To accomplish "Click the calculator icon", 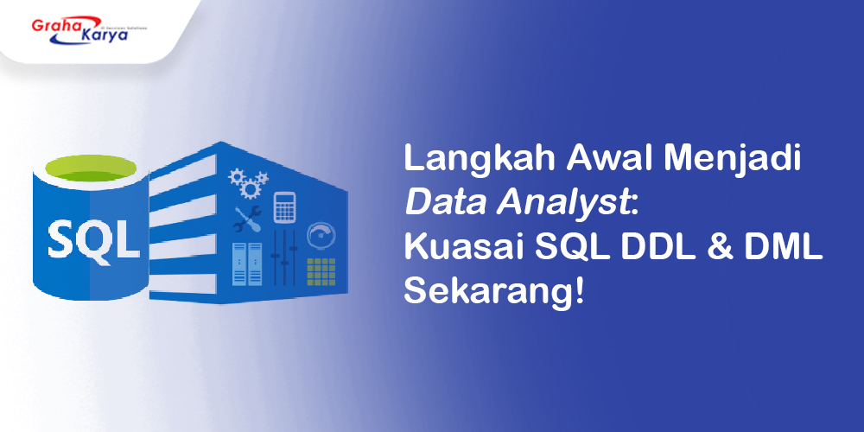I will [x=284, y=206].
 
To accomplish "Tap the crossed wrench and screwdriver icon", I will [x=248, y=219].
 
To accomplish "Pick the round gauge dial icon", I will [x=321, y=236].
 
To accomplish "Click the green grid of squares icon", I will [x=321, y=271].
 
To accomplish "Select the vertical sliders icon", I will [x=285, y=258].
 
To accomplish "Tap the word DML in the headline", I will [x=777, y=249].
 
